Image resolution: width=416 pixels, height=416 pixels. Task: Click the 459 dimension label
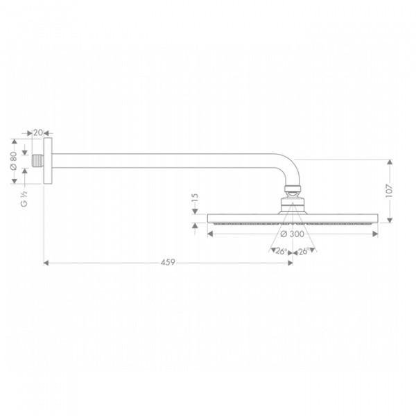tap(168, 262)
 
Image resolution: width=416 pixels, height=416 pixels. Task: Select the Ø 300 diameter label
tap(292, 234)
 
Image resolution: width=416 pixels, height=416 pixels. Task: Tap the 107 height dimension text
tap(389, 191)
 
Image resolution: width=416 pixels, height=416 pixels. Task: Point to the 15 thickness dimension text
tap(195, 199)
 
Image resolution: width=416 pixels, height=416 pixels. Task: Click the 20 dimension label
tap(37, 132)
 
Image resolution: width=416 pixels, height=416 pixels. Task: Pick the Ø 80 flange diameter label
tap(13, 161)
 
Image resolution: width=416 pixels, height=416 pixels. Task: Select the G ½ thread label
tap(24, 199)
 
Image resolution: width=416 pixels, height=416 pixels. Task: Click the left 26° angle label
tap(281, 251)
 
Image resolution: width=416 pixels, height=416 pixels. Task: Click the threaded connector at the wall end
tap(37, 161)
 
